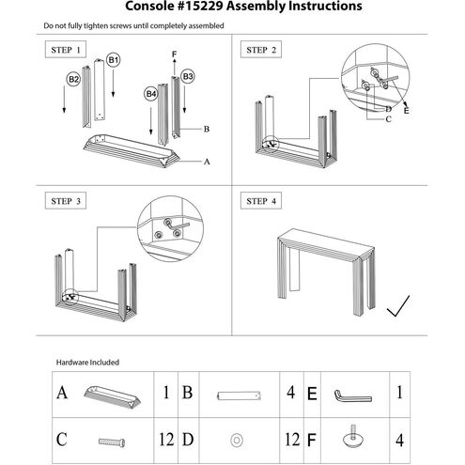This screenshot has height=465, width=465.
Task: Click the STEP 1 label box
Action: [66, 49]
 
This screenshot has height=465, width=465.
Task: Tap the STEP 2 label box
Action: [261, 49]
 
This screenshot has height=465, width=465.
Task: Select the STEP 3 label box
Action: [66, 200]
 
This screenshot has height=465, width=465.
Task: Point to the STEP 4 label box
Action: [261, 200]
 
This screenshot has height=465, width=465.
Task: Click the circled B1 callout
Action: [113, 60]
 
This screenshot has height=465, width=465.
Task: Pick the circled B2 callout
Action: [73, 79]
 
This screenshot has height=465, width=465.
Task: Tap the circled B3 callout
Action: [187, 76]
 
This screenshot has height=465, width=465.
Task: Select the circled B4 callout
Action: [150, 94]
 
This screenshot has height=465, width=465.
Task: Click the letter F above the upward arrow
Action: [174, 54]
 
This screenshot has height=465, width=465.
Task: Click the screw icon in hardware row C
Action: [112, 442]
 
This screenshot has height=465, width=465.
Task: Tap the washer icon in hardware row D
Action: [237, 440]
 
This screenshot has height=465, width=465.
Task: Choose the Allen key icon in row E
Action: [352, 396]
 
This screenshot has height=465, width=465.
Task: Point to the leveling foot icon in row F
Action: [353, 437]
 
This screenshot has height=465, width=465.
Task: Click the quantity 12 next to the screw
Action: [166, 440]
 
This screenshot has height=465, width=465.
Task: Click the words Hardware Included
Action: [87, 363]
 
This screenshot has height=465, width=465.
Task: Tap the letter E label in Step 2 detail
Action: [406, 111]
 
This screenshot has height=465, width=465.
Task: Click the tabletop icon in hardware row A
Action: [112, 395]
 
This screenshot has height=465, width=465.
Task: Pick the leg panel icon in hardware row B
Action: [239, 395]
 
